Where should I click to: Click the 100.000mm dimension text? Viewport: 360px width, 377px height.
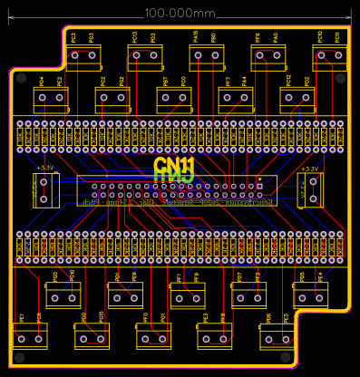pos(180,14)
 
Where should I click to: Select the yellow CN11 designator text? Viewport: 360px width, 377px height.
pos(174,166)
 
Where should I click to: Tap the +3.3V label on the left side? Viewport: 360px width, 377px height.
pos(44,169)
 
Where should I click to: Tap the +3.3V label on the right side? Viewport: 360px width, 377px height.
pos(309,169)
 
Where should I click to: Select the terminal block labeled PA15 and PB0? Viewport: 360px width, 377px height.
pos(206,57)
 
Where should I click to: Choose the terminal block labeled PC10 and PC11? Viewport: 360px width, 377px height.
pos(329,57)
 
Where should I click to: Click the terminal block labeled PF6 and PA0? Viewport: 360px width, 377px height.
pos(268,57)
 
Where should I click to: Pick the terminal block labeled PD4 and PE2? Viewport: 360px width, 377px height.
pos(51,100)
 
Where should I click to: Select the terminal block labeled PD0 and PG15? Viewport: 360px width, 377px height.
pos(92,336)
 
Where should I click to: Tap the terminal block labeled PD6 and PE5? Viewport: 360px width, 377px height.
pos(277,337)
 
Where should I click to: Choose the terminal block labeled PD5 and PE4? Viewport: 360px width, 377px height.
pos(310,294)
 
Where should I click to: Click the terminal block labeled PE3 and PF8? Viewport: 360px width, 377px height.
pos(215,336)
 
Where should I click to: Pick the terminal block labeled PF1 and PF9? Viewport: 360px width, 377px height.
pos(188,295)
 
